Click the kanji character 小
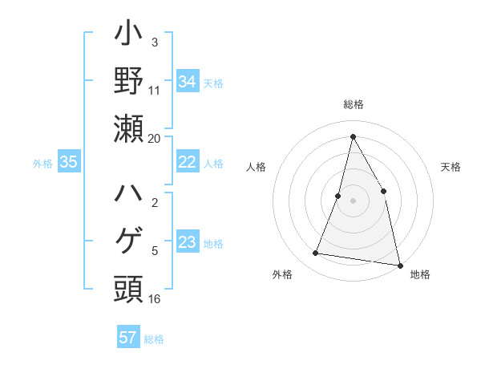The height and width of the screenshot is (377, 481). (x=128, y=37)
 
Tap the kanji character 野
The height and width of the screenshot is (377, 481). (x=128, y=83)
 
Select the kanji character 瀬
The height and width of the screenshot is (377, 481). (x=128, y=128)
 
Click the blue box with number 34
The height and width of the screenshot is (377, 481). (x=187, y=82)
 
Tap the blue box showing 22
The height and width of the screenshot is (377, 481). (x=187, y=162)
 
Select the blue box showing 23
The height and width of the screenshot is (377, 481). (x=187, y=242)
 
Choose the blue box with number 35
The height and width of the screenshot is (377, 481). (x=68, y=162)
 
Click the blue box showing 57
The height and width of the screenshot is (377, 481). (x=128, y=338)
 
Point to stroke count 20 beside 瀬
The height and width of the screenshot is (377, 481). (x=154, y=138)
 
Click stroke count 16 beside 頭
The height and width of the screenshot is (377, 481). (x=154, y=298)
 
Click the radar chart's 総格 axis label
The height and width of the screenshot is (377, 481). (x=353, y=104)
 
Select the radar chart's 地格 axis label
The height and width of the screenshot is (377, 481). (x=420, y=274)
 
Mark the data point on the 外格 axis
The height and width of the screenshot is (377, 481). (x=316, y=253)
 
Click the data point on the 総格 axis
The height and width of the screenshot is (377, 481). (x=353, y=136)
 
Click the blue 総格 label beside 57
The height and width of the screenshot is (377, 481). (x=154, y=338)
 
